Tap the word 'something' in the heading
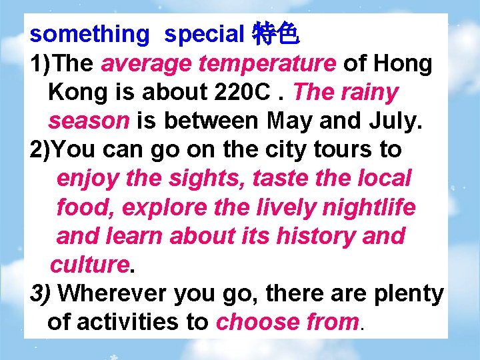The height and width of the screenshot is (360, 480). pos(90,34)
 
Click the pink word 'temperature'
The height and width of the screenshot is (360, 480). pos(271,63)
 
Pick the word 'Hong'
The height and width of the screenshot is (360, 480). pos(403,63)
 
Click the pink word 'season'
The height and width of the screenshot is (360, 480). pos(89,121)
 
